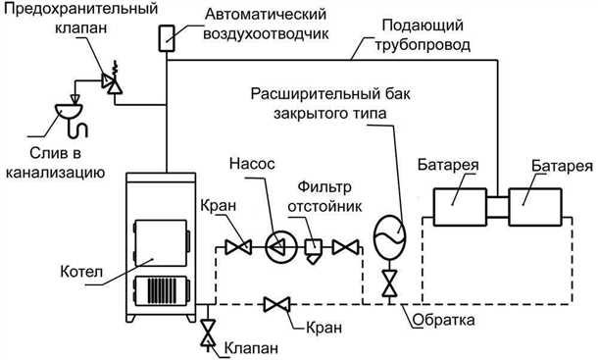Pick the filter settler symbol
pos(315,248)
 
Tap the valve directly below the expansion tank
pos(389,285)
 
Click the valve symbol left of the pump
pos(234,246)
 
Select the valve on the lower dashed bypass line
pos(275,305)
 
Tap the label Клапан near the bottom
pos(249,347)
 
